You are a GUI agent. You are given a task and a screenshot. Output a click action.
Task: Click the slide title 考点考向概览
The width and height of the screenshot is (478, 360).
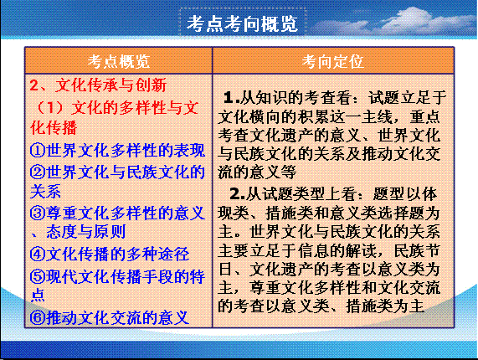coord(242,23)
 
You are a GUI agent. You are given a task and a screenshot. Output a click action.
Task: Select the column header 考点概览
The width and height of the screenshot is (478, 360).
coord(119,61)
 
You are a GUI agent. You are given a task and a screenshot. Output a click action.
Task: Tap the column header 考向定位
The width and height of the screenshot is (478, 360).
coord(333,61)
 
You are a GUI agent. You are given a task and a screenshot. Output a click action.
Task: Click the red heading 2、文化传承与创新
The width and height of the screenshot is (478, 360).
coord(98,85)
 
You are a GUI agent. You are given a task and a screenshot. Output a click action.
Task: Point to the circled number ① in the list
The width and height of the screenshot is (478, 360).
coord(38,151)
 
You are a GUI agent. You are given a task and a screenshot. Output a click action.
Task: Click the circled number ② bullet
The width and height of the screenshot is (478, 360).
coord(38,172)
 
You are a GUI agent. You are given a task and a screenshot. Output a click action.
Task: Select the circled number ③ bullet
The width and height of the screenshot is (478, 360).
coord(38,213)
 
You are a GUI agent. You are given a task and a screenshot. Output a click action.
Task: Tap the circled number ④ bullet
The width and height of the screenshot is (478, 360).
coord(38,255)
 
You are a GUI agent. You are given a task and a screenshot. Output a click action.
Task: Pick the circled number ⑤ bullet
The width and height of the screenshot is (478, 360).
coord(38,276)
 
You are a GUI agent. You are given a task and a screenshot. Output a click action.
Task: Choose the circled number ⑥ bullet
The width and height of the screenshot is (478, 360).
coord(38,317)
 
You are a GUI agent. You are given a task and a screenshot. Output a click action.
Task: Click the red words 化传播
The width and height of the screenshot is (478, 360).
coord(54,128)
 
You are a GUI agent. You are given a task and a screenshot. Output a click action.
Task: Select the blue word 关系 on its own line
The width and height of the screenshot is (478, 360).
coord(46,192)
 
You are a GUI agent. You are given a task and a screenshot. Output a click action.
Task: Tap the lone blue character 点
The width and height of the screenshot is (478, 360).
coord(38,295)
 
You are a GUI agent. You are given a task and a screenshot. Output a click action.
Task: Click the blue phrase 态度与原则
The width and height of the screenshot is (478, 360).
coord(86,232)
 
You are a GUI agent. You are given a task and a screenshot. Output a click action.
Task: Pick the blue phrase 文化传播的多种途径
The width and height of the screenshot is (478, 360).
coord(118,255)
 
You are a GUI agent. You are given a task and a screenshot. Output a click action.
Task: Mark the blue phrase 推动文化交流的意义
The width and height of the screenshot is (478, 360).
coord(118,317)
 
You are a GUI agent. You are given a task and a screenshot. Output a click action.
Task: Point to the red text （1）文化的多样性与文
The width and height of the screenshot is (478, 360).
coord(116,108)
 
